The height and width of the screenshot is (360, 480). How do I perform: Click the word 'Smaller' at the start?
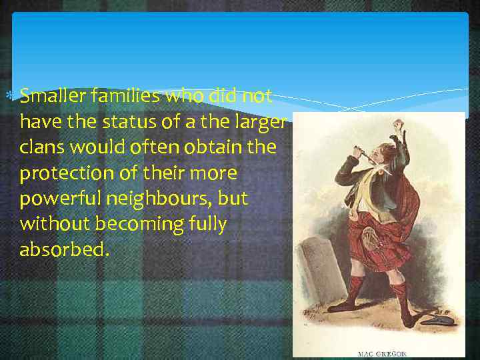[x=49, y=97]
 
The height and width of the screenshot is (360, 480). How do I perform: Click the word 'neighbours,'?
[x=160, y=199]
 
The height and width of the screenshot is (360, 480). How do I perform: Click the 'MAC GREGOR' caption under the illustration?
[x=381, y=353]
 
